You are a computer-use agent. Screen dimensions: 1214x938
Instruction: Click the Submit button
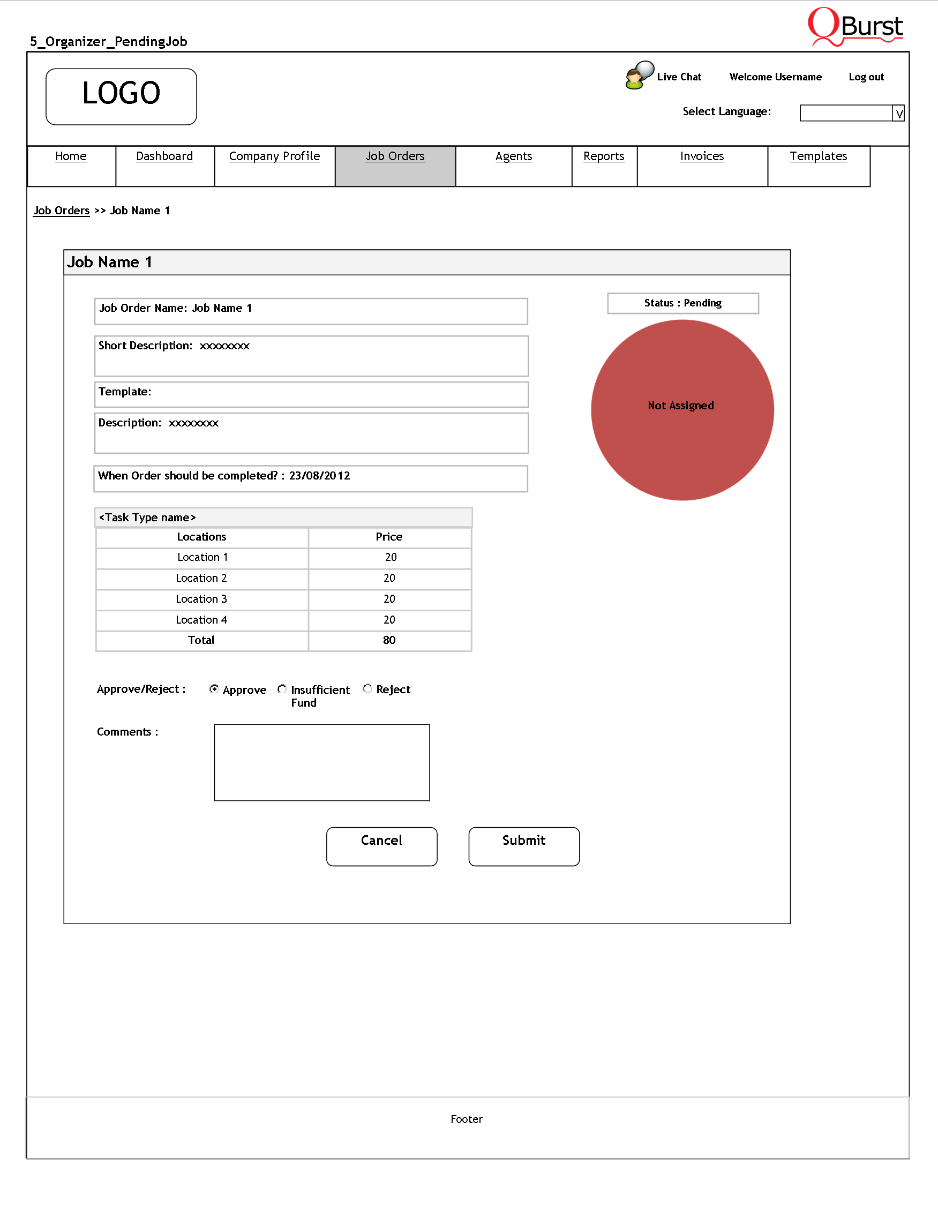coord(523,845)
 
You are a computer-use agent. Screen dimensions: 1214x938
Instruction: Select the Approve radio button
coord(214,689)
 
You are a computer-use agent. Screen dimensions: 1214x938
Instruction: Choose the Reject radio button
coord(367,689)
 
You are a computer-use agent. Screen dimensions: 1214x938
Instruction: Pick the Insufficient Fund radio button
coord(282,689)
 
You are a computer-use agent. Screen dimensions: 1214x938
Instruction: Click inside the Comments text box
coord(322,762)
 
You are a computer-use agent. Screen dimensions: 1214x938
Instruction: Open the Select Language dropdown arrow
coord(898,114)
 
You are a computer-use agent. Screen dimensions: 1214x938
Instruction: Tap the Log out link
coord(866,77)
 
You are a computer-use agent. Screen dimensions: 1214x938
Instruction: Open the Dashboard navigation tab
coord(164,156)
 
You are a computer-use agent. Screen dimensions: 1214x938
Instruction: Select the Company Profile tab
coord(274,156)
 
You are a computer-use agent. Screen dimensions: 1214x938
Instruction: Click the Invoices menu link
coord(702,156)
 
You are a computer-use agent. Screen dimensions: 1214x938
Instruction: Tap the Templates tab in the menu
coord(818,156)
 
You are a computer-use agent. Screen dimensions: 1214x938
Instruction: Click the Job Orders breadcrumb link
coord(61,211)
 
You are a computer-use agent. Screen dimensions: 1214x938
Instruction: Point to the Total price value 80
coord(389,640)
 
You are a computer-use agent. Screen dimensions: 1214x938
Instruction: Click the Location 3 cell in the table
coord(202,599)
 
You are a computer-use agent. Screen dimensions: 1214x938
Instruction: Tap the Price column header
coord(389,537)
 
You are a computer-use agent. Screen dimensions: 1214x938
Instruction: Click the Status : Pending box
coord(682,303)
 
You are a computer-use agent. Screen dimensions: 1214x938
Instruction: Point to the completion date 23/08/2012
coord(319,476)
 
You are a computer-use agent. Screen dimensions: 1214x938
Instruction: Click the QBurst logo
coord(855,27)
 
